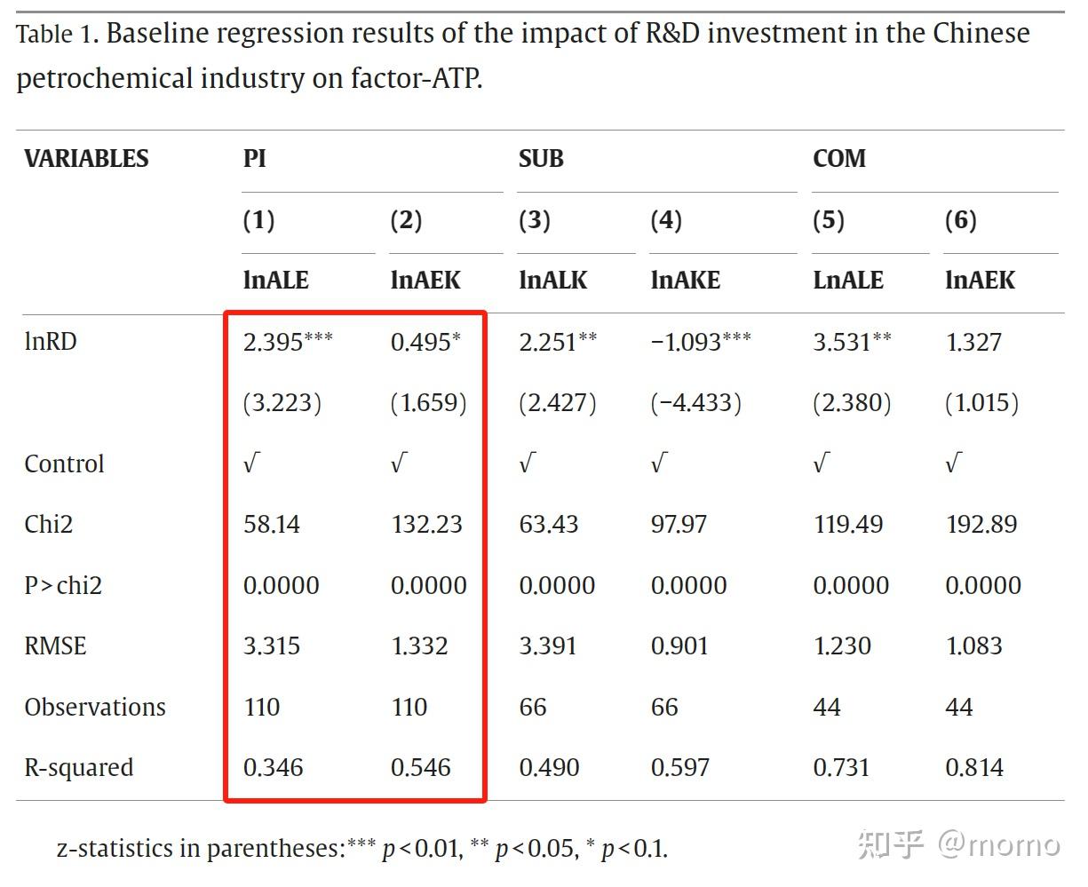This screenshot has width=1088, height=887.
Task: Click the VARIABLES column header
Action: click(86, 159)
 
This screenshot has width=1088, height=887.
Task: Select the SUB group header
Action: click(541, 159)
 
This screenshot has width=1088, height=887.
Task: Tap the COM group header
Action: click(838, 159)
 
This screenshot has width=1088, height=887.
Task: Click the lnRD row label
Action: click(51, 342)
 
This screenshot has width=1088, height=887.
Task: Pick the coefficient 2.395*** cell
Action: click(288, 342)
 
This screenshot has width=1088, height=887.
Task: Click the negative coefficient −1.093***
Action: click(701, 342)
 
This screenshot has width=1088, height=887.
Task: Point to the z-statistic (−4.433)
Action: click(695, 403)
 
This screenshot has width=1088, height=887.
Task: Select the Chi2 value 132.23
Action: click(426, 525)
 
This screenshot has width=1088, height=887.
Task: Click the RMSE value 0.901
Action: click(679, 646)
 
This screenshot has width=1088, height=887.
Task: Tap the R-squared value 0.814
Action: click(974, 768)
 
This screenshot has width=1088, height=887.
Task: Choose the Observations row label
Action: click(95, 708)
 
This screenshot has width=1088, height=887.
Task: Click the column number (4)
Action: click(666, 220)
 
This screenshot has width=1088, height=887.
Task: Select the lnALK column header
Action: click(553, 281)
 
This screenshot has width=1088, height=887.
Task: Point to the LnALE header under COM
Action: click(848, 281)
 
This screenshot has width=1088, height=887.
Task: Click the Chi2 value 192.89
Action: click(981, 525)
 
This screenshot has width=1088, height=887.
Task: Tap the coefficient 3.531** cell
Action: click(852, 342)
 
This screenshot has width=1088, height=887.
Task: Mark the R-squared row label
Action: click(79, 768)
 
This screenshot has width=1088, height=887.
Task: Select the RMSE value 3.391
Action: click(548, 646)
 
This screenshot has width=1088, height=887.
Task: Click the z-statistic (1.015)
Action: click(981, 403)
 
